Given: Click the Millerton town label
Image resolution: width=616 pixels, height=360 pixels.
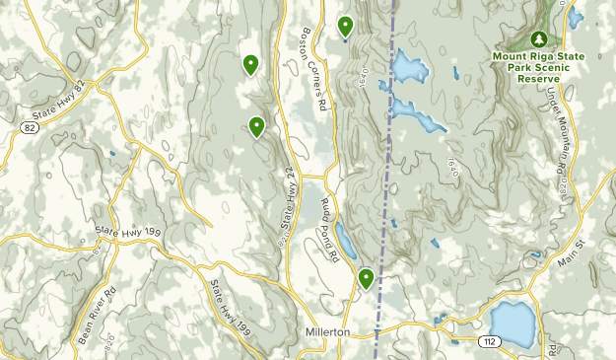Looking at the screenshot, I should click(x=327, y=332).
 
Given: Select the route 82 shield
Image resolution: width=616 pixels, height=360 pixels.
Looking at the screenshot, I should click(x=31, y=127).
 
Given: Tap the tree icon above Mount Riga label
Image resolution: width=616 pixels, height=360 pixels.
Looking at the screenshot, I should click(x=538, y=38).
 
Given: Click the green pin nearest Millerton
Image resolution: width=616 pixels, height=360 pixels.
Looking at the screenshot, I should click(x=366, y=278).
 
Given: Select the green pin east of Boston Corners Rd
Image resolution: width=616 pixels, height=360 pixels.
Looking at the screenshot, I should click(x=345, y=26).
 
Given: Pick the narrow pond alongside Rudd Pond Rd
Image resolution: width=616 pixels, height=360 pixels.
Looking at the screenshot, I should click(x=345, y=239).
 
